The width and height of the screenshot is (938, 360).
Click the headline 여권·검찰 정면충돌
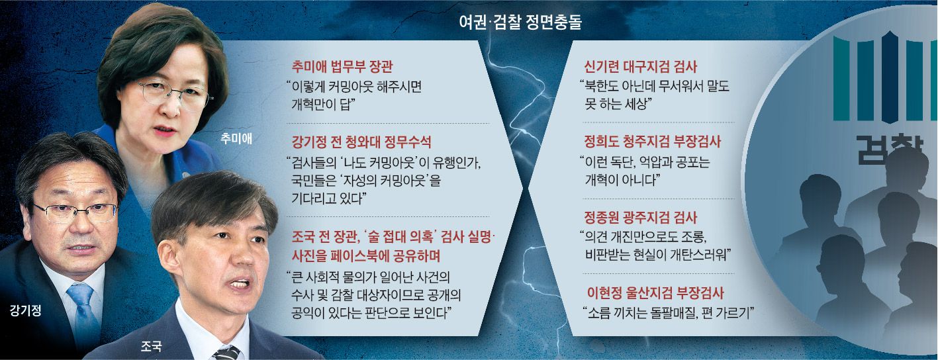click(x=520, y=22)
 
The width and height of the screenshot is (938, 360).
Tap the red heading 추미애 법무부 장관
click(x=342, y=67)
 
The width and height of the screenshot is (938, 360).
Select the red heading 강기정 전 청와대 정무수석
click(x=361, y=142)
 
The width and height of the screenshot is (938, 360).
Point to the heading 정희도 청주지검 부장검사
click(x=653, y=142)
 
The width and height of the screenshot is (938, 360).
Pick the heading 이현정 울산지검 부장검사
click(x=655, y=292)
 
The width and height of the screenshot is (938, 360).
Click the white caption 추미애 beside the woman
click(x=236, y=138)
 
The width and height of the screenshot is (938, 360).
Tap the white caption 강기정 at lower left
click(x=26, y=310)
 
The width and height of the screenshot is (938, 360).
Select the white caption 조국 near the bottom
click(x=151, y=346)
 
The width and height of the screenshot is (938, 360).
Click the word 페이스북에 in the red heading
click(x=361, y=255)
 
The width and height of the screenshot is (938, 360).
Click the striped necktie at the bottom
click(x=227, y=353)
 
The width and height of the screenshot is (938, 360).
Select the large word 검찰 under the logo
click(x=888, y=150)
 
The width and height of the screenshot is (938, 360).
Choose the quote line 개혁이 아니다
click(x=622, y=179)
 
